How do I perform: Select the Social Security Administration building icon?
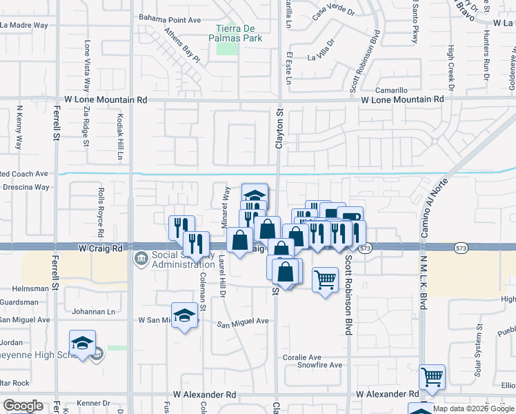tap(141, 259)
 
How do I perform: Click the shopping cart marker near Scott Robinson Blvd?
tap(325, 280)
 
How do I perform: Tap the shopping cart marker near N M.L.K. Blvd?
tap(432, 377)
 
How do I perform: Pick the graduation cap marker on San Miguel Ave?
tap(185, 316)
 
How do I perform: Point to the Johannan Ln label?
tap(93, 311)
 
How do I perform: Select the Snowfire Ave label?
tap(319, 365)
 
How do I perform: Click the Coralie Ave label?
tap(301, 357)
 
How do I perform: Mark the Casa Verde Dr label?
tap(333, 12)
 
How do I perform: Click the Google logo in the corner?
tap(23, 406)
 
